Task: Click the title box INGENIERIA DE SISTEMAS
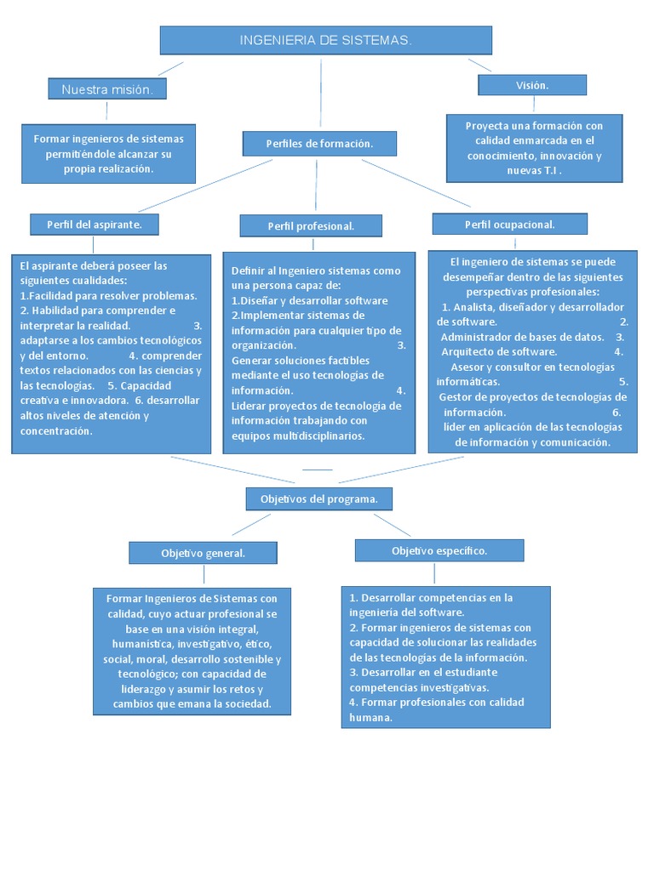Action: [326, 40]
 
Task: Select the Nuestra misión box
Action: [106, 89]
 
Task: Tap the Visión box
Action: [532, 85]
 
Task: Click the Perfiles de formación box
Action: [319, 144]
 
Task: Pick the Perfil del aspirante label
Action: [97, 224]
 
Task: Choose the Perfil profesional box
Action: [311, 225]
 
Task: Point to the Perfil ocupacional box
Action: [509, 224]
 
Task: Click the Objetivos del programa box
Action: [319, 498]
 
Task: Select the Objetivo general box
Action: [203, 553]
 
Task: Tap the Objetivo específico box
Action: [439, 550]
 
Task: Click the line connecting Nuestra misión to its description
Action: [106, 111]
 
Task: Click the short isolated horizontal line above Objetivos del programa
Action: [317, 470]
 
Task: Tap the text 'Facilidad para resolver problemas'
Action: [111, 295]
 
